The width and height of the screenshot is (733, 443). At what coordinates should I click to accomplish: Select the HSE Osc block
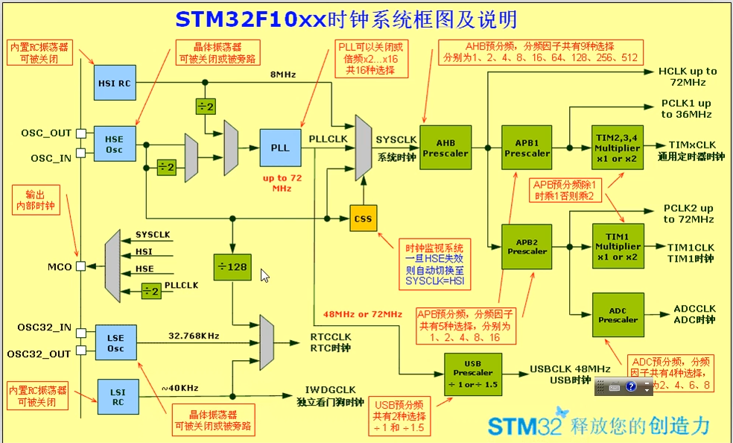tap(114, 144)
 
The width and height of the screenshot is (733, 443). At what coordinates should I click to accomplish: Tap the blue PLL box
tap(280, 148)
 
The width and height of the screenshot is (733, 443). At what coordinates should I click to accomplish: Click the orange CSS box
tap(364, 219)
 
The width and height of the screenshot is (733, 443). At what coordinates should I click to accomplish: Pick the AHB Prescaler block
tap(445, 148)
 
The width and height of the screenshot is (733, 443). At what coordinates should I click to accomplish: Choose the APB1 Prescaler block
tap(527, 148)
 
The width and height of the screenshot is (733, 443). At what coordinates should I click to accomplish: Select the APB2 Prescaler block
tap(527, 245)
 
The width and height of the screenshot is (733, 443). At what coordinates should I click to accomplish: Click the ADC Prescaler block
tap(618, 314)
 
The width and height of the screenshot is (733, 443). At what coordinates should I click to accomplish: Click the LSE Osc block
tap(115, 342)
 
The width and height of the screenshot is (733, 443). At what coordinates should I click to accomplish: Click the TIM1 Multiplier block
tap(618, 245)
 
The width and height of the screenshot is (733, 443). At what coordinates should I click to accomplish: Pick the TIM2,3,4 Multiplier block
tap(618, 148)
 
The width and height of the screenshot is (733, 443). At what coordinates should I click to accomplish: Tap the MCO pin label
tap(60, 266)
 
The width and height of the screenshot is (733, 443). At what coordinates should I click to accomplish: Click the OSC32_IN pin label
tap(45, 327)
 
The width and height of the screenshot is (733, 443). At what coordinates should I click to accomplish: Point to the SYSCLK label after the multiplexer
tap(396, 139)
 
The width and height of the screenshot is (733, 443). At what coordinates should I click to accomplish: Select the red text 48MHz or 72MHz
tap(363, 314)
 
